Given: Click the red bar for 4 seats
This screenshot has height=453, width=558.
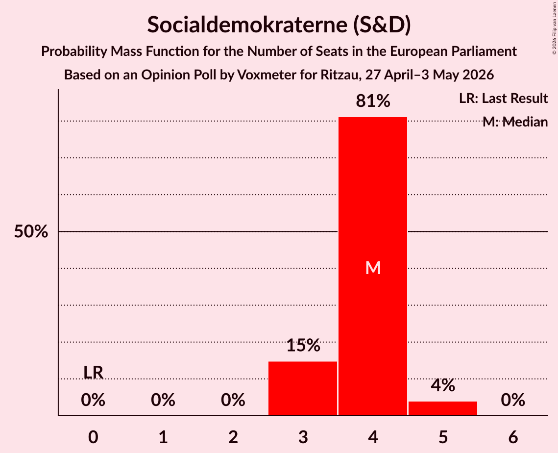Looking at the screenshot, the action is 373,266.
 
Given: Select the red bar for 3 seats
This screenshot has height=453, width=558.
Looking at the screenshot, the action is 302,389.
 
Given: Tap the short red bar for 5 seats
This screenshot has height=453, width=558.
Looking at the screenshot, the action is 443,408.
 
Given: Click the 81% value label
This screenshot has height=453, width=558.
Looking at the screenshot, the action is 373,101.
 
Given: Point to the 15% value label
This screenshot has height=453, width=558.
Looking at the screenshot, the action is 303,345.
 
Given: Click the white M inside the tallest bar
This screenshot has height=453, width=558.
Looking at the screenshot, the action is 373,268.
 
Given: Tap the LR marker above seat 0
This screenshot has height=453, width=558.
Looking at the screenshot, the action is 93,373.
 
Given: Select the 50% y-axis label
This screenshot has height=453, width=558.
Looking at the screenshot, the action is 31,231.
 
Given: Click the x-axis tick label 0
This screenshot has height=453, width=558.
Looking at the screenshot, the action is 93,437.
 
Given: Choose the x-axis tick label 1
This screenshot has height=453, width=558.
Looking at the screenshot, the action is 163,437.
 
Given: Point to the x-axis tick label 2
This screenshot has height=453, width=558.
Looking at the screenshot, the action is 233,437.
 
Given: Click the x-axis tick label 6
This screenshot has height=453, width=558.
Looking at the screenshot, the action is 513,437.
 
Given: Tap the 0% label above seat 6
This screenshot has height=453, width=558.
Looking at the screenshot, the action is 513,400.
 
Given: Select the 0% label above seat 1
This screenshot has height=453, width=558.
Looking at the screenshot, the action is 163,400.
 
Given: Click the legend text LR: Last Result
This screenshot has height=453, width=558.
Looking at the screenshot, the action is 503,98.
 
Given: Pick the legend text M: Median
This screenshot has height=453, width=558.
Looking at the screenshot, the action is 515,122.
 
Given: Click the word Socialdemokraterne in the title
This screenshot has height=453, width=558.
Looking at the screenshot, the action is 247,25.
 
